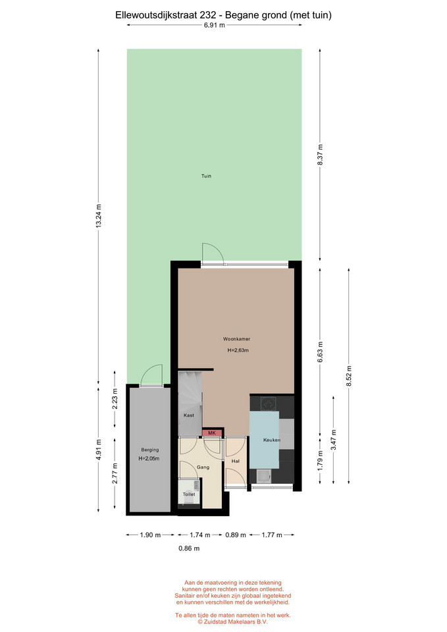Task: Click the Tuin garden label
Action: click(x=206, y=176)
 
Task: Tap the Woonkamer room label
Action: click(x=236, y=339)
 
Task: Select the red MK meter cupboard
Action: click(x=212, y=433)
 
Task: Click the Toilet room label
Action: click(x=189, y=494)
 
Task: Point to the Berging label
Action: click(x=150, y=450)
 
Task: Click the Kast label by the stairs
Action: click(x=189, y=415)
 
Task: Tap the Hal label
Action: click(x=236, y=461)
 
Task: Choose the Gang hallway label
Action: click(x=203, y=467)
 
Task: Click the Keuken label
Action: click(x=272, y=440)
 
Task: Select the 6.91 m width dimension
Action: click(x=215, y=25)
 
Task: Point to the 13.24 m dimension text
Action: click(x=98, y=217)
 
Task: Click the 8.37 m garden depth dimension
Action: click(x=320, y=155)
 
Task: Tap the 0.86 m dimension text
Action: click(x=189, y=548)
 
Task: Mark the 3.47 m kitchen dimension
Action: click(x=333, y=440)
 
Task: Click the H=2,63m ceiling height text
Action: click(x=238, y=350)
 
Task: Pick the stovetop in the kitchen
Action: click(x=268, y=404)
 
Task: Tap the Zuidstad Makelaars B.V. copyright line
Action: click(x=232, y=621)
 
